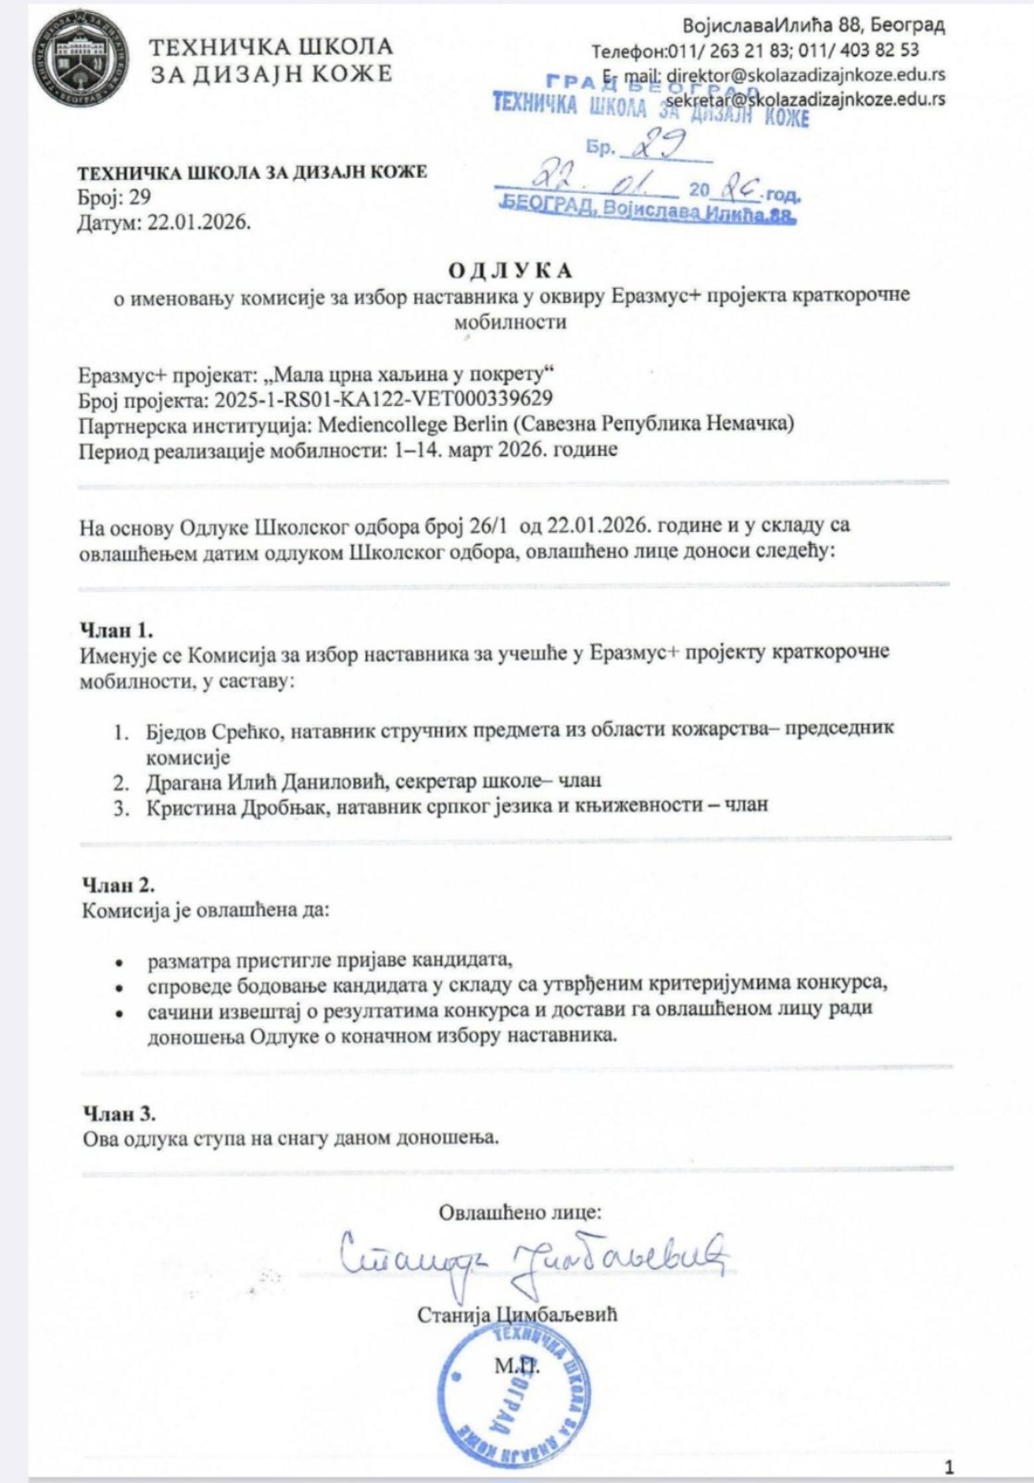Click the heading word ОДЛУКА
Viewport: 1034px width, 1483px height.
pos(511,271)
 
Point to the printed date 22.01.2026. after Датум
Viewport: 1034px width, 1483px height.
pos(199,222)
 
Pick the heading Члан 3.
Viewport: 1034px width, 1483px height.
pos(119,1112)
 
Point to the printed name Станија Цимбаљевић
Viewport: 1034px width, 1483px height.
pos(517,1314)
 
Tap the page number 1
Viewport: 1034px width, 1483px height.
pos(948,1466)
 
